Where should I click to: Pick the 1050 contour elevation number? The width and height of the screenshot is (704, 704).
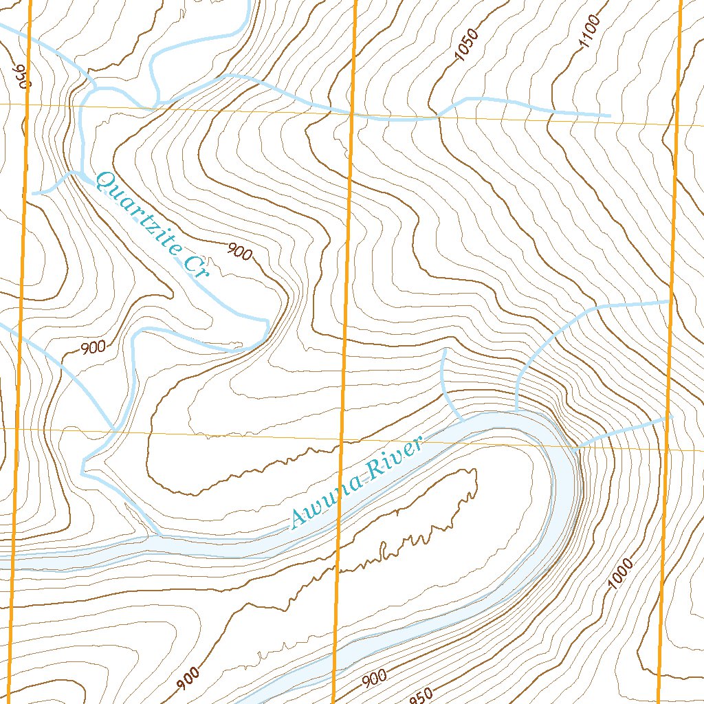click(467, 47)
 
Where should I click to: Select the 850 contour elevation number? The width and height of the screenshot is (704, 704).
click(422, 695)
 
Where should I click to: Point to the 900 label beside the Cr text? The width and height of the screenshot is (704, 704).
click(239, 253)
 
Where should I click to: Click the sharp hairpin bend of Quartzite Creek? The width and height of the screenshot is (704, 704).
click(266, 323)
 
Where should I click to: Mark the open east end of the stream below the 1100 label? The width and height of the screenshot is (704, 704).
click(610, 115)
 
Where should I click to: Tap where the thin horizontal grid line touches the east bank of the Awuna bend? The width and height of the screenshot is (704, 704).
click(576, 447)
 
